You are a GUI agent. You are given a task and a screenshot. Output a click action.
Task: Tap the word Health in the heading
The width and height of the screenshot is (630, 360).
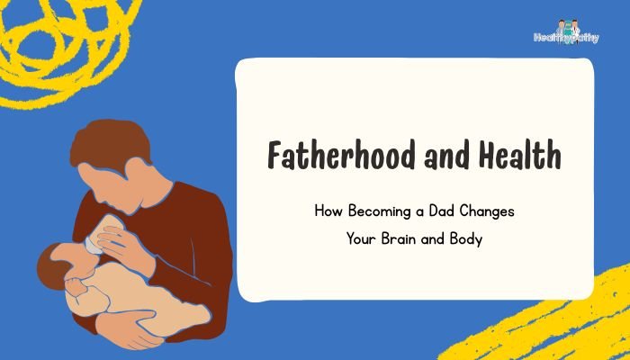[519, 157]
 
